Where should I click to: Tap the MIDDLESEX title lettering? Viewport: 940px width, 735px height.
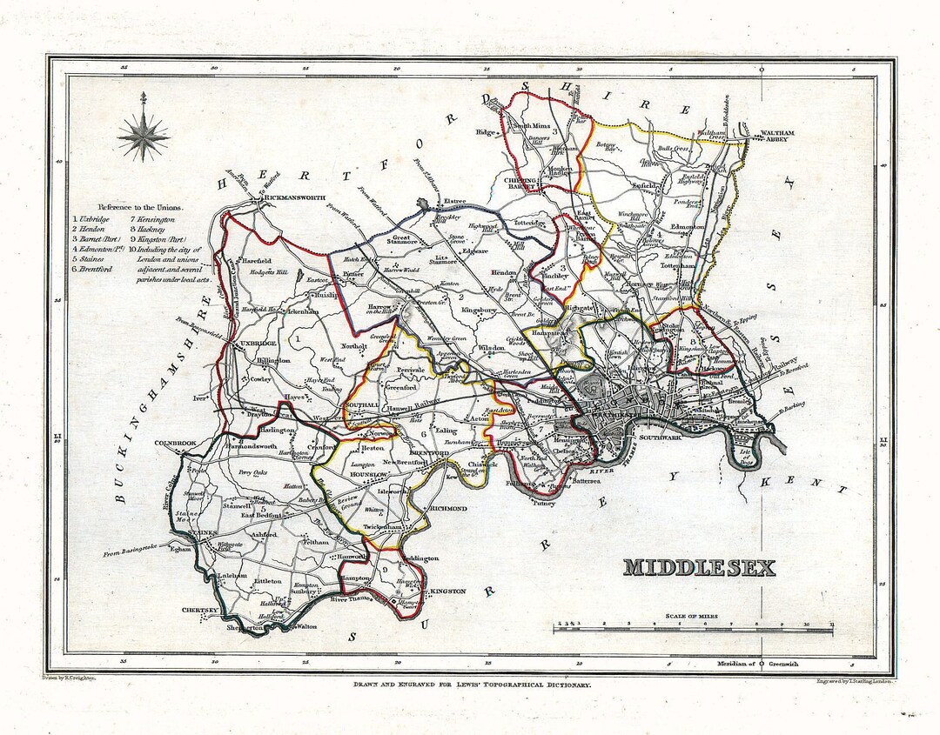pos(699,567)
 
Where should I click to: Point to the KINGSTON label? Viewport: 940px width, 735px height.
pos(447,591)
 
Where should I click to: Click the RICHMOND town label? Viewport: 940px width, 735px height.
pos(446,508)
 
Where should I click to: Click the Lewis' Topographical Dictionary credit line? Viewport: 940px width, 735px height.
pos(471,685)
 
